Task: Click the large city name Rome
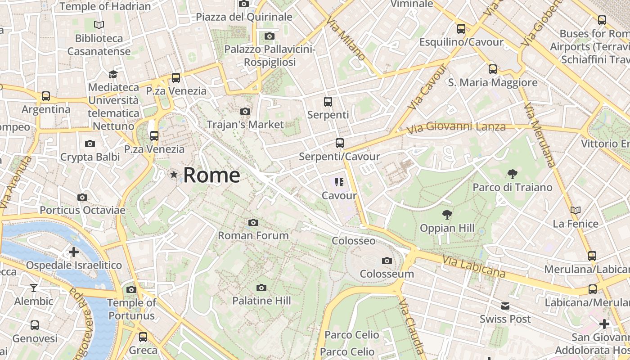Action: point(211,175)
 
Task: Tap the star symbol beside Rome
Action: point(174,174)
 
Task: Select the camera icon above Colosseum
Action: point(387,261)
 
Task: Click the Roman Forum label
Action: point(253,235)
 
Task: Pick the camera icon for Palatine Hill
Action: point(261,288)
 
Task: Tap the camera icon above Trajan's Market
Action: point(245,111)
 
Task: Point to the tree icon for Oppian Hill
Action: point(447,215)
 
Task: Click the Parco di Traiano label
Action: point(512,187)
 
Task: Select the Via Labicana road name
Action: point(473,266)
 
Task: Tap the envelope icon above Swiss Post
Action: point(505,306)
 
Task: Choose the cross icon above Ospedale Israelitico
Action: point(74,252)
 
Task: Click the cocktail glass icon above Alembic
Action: point(34,288)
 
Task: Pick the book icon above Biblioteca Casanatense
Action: point(99,25)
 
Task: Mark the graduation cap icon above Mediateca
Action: point(113,74)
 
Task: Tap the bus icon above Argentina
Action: point(46,96)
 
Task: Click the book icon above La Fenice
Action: point(575,210)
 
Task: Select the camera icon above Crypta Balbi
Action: point(90,144)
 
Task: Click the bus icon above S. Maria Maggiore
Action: point(493,69)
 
